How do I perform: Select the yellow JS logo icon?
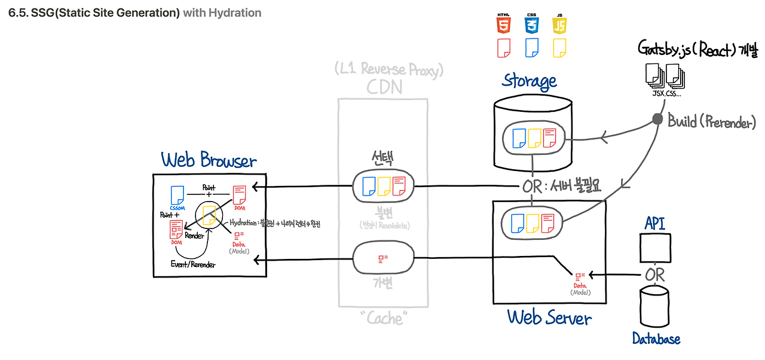pyautogui.click(x=559, y=24)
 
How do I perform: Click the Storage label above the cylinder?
pyautogui.click(x=530, y=80)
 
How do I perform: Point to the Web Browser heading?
pyautogui.click(x=209, y=160)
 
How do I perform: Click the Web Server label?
pyautogui.click(x=549, y=317)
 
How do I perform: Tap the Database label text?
pyautogui.click(x=656, y=339)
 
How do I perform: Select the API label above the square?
pyautogui.click(x=654, y=224)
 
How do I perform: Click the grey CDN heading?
pyautogui.click(x=384, y=87)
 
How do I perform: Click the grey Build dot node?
pyautogui.click(x=657, y=120)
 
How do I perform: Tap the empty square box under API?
pyautogui.click(x=654, y=247)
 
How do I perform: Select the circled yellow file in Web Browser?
pyautogui.click(x=209, y=215)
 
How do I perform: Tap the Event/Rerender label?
pyautogui.click(x=193, y=264)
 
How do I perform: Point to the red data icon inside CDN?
pyautogui.click(x=383, y=258)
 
